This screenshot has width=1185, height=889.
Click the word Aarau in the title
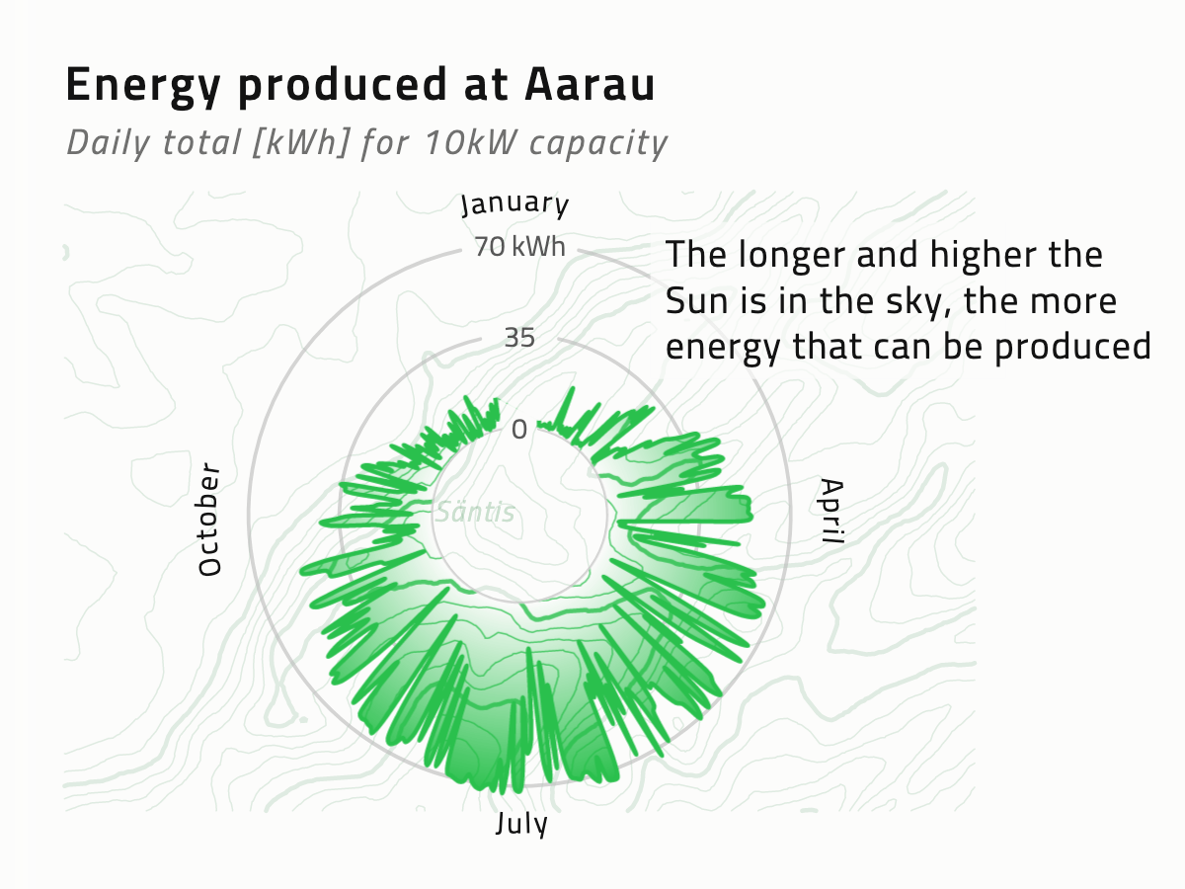591,84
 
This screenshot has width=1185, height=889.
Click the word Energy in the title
143,86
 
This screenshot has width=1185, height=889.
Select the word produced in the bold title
343,86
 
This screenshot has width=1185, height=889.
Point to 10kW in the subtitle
470,142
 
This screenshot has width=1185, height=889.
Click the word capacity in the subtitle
598,144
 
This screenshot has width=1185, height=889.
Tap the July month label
521,824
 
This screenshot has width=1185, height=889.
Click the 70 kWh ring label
519,247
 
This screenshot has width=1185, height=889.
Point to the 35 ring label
519,338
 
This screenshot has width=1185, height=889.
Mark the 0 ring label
519,430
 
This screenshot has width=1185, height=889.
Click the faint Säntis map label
475,512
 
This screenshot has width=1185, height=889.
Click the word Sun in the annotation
696,300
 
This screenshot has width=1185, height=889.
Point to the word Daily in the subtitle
108,143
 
